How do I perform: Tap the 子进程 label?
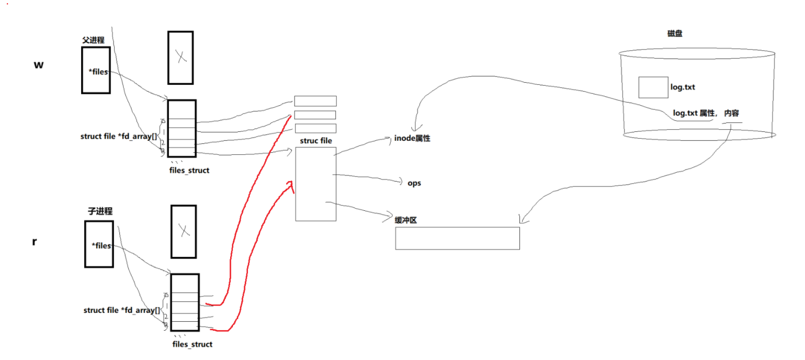click(x=99, y=211)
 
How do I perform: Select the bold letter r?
click(x=35, y=242)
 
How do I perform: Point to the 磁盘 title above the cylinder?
click(x=675, y=33)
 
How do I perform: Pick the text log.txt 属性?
click(x=694, y=113)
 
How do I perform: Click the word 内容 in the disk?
click(x=731, y=113)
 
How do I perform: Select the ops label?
click(x=414, y=184)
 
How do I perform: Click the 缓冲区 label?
click(x=406, y=220)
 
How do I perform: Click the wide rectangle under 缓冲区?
click(x=457, y=238)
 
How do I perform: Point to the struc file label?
click(x=315, y=141)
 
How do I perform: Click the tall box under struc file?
click(x=315, y=184)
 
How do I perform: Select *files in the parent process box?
click(x=98, y=72)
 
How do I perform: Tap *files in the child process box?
click(x=101, y=245)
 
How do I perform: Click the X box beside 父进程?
click(x=180, y=58)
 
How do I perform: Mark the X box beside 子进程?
click(x=184, y=231)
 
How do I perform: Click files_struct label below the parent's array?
click(x=189, y=170)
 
